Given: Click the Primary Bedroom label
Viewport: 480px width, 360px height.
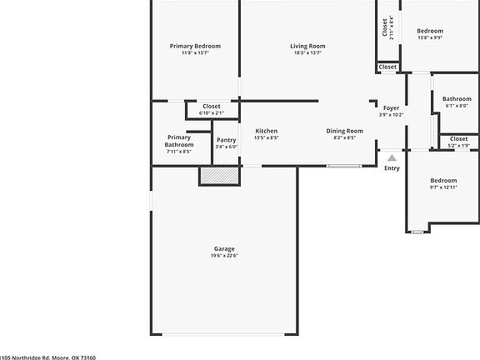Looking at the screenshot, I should pyautogui.click(x=195, y=46).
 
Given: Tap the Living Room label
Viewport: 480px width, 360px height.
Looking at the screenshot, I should pyautogui.click(x=307, y=46).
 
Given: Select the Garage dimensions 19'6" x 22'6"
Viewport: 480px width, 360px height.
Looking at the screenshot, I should pyautogui.click(x=224, y=256).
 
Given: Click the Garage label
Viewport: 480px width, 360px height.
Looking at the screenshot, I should pyautogui.click(x=224, y=248).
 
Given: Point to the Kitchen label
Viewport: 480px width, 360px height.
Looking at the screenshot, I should pyautogui.click(x=267, y=131).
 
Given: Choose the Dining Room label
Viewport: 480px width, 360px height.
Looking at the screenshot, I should pyautogui.click(x=344, y=131).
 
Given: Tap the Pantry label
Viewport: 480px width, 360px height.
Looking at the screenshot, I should pyautogui.click(x=227, y=140).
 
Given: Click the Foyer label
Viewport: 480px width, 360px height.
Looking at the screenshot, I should pyautogui.click(x=391, y=108).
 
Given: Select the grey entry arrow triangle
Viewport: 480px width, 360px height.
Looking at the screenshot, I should pyautogui.click(x=392, y=156).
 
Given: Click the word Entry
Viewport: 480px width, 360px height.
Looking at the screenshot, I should pyautogui.click(x=392, y=168).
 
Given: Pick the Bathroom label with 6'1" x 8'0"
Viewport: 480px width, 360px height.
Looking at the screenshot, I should pyautogui.click(x=457, y=99).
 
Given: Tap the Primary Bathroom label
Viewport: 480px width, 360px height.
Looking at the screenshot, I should pyautogui.click(x=179, y=141).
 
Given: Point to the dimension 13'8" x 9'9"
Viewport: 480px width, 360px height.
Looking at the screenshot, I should pyautogui.click(x=430, y=37).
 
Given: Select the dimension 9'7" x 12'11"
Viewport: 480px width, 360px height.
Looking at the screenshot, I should pyautogui.click(x=443, y=187).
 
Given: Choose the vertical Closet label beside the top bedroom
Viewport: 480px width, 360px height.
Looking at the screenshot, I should pyautogui.click(x=386, y=27).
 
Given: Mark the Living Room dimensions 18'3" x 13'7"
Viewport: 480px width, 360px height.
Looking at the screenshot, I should pyautogui.click(x=307, y=53).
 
